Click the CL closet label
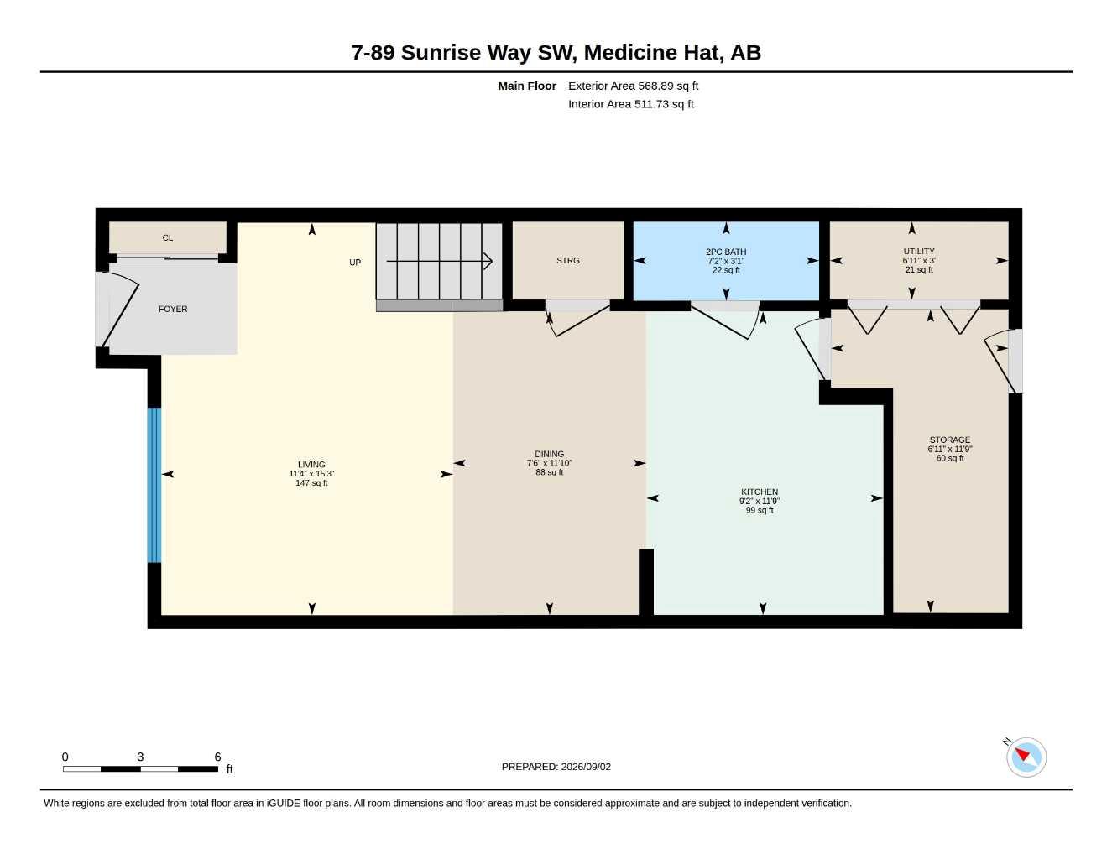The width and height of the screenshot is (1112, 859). tap(167, 237)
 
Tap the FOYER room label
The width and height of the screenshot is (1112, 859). tap(173, 309)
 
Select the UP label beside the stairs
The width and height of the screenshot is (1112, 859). tap(355, 263)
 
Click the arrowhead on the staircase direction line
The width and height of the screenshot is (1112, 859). tap(488, 261)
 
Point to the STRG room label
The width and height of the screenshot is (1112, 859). tap(568, 260)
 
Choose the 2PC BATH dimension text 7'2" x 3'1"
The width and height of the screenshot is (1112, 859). tap(726, 261)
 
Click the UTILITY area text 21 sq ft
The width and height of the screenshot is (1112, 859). tap(919, 269)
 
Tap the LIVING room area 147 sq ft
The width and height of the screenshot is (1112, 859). tap(311, 482)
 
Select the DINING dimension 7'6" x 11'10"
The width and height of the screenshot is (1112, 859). tap(549, 463)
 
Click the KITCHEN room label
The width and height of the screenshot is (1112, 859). tap(760, 492)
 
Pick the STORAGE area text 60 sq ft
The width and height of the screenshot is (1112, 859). tap(950, 458)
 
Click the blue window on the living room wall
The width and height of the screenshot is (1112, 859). tap(154, 485)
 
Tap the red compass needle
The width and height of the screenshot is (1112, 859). tap(1022, 754)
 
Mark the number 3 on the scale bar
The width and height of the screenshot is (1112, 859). tap(140, 757)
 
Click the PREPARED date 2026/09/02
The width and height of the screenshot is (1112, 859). tap(586, 767)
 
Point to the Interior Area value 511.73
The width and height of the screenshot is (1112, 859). tap(651, 104)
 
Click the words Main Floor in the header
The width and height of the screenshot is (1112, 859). tap(526, 86)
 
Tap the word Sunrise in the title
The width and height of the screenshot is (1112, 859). tap(441, 53)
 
